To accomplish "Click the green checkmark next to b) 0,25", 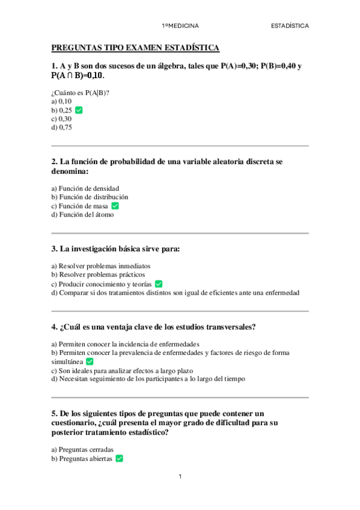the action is [x=79, y=111].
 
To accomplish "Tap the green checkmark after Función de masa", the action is [x=115, y=206].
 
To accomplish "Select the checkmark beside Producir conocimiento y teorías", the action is [x=159, y=284].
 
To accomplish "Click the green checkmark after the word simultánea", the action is [x=90, y=361].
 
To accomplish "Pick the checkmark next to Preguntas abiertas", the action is [x=119, y=458].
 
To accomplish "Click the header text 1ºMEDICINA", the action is [x=180, y=26].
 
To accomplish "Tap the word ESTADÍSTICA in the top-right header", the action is [x=290, y=26].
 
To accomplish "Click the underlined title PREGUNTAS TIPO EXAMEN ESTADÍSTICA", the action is [x=135, y=48].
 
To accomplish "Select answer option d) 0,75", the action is [x=62, y=127].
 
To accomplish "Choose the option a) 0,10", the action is [x=61, y=102].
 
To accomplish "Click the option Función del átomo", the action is [x=82, y=214].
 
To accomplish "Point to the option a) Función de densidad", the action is [x=85, y=188].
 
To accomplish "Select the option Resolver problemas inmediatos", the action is [x=101, y=266].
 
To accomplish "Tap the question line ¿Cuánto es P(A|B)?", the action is [x=84, y=93].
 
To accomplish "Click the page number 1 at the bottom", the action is [x=180, y=477].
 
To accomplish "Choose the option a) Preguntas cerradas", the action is [x=82, y=449].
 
